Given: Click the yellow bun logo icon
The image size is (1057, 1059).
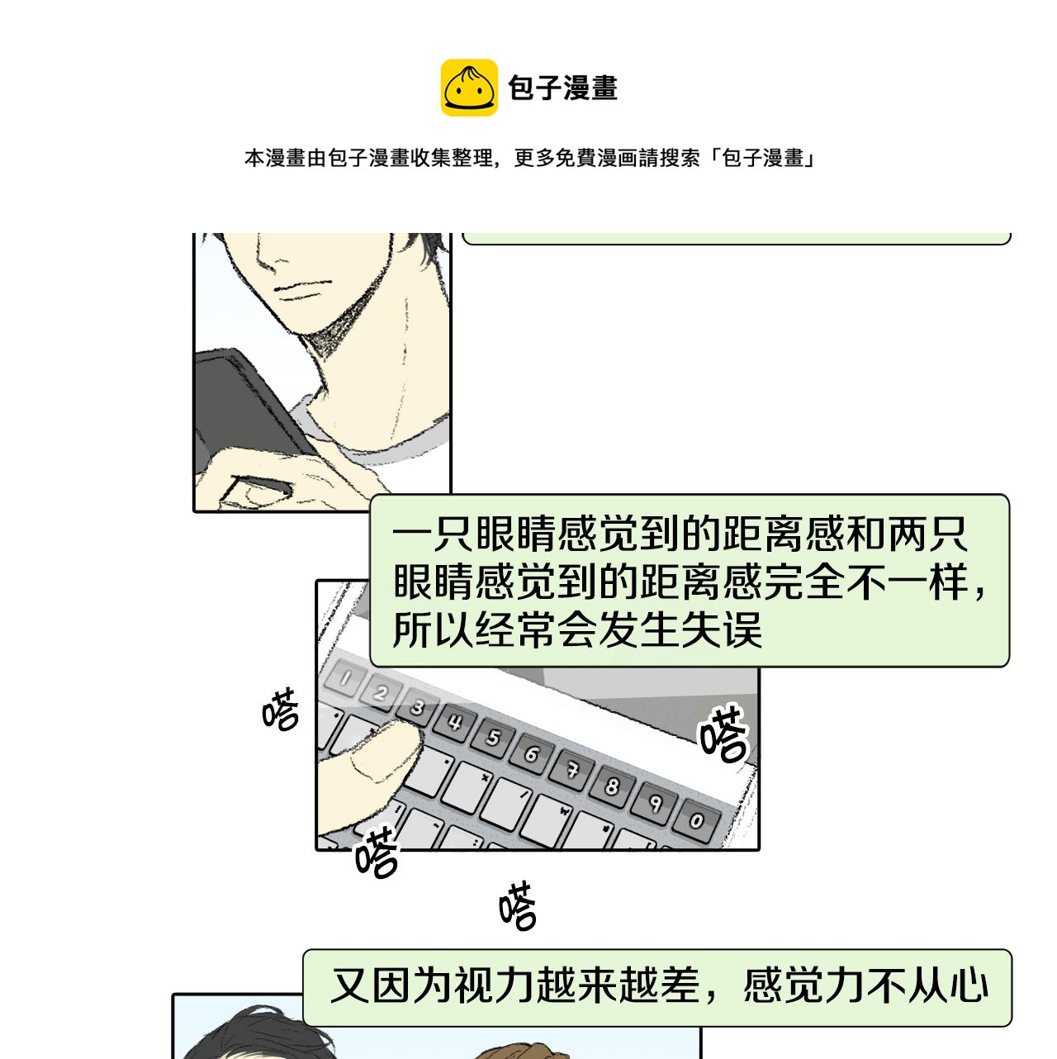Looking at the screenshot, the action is (x=469, y=88).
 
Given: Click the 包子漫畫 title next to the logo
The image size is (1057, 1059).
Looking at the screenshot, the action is (x=562, y=88).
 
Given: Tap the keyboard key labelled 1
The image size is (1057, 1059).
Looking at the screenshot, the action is (x=344, y=679).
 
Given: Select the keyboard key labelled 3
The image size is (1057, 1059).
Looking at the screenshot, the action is (x=419, y=707).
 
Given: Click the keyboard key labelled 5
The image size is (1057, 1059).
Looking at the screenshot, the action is (x=494, y=738).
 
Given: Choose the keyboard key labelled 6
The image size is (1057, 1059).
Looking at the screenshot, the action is (x=532, y=753).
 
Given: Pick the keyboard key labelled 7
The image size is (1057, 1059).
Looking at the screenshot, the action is (x=572, y=770).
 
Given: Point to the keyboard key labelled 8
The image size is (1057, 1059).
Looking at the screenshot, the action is (x=612, y=787).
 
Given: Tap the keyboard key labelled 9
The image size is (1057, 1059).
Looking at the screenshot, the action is (x=654, y=804).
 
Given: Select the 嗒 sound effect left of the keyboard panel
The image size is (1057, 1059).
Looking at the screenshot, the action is (x=281, y=709).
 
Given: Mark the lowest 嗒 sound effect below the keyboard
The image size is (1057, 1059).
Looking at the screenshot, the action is (x=518, y=905).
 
